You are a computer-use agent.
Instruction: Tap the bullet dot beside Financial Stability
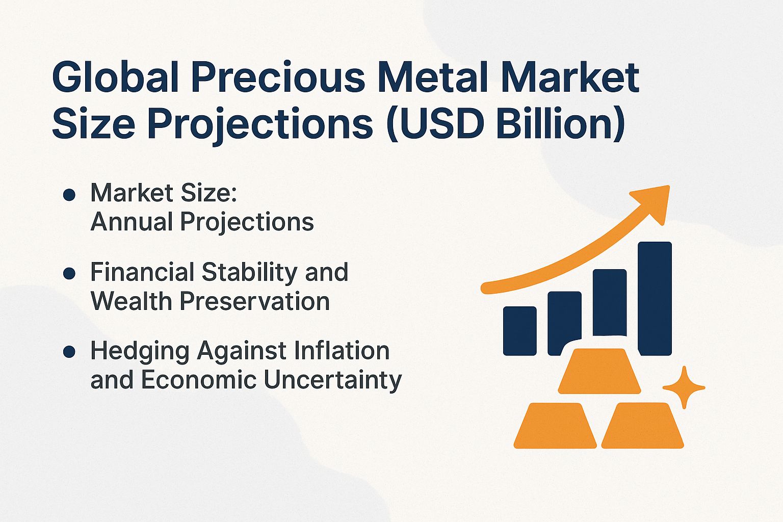point(69,273)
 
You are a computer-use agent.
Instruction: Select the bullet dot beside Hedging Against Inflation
point(69,352)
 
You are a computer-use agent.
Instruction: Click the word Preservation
point(255,301)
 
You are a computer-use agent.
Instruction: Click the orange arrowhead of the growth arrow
point(655,202)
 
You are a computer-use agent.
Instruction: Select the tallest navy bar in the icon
point(655,298)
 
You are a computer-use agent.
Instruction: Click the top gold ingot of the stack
point(599,371)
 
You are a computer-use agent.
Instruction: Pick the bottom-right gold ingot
point(643,426)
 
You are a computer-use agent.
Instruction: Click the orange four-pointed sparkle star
point(684,387)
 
